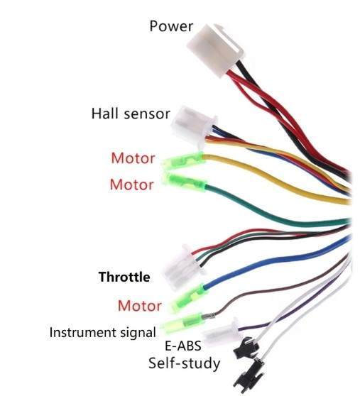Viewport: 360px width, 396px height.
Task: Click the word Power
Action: [x=171, y=26]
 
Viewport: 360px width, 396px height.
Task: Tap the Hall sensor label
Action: [x=131, y=114]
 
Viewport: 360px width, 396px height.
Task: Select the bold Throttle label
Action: [x=124, y=277]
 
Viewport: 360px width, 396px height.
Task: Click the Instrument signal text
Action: [x=102, y=332]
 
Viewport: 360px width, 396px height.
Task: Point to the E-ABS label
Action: [x=183, y=346]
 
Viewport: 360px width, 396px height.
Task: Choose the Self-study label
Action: [x=184, y=363]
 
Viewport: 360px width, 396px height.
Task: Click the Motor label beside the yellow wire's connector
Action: [x=133, y=158]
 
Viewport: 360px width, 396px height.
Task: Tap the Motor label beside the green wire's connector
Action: [x=132, y=185]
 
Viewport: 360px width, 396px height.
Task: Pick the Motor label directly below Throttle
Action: [x=140, y=306]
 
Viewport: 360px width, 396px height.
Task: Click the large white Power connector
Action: [x=215, y=50]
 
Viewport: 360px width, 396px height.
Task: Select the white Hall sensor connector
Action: [x=194, y=127]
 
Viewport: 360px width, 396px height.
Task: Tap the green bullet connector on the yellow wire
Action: [x=182, y=160]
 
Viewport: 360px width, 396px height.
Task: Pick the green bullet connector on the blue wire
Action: [x=190, y=298]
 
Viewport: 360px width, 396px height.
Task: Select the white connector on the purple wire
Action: [x=220, y=332]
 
